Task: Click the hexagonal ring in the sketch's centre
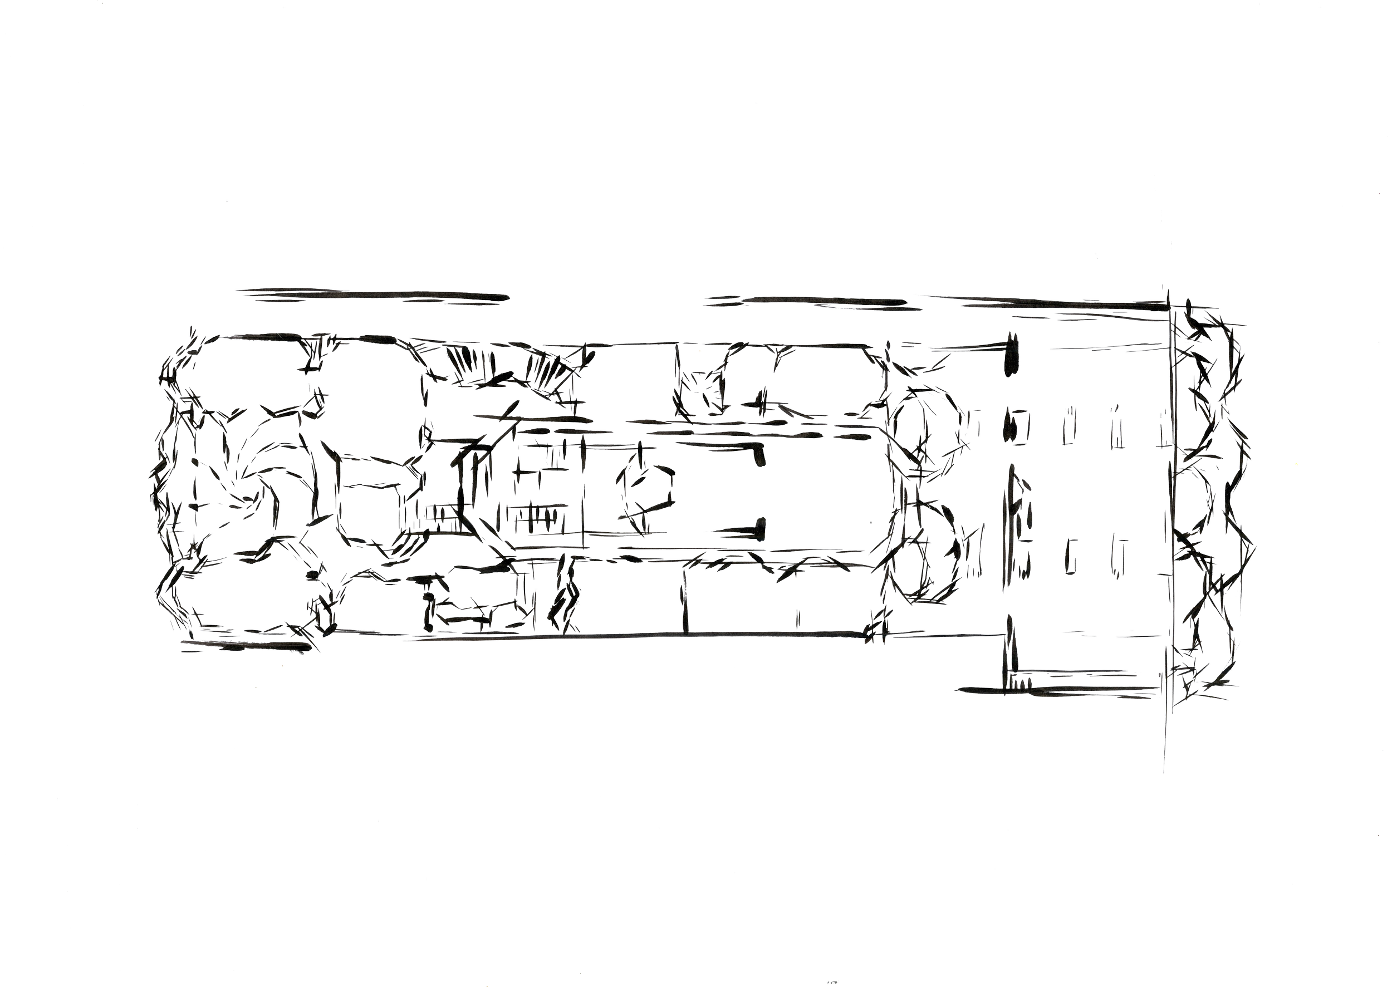point(645,489)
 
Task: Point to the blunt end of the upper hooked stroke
point(760,456)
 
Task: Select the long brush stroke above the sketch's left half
point(371,296)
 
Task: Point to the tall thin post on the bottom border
point(687,602)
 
